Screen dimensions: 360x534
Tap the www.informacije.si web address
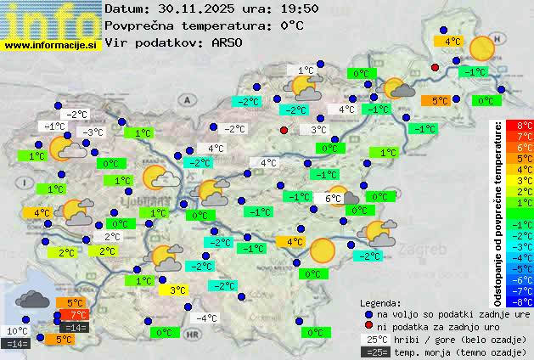pyautogui.click(x=51, y=44)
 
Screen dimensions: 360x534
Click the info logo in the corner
pyautogui.click(x=51, y=19)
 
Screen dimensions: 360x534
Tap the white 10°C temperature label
pyautogui.click(x=18, y=331)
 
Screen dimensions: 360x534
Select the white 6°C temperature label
pyautogui.click(x=333, y=199)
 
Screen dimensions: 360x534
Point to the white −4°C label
pyautogui.click(x=206, y=318)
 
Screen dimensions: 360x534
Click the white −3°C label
pyautogui.click(x=92, y=132)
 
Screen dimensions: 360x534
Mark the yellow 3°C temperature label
pyautogui.click(x=177, y=290)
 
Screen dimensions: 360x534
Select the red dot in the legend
pyautogui.click(x=369, y=326)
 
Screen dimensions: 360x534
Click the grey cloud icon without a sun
pyautogui.click(x=32, y=299)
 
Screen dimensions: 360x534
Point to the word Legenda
pyautogui.click(x=381, y=302)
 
